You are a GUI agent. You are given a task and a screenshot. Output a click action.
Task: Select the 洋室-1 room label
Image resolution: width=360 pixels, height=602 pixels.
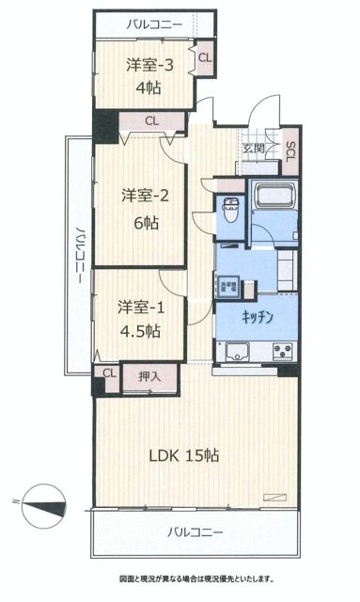(138, 308)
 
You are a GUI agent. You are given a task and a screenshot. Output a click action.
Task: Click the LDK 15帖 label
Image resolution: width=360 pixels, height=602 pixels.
(186, 455)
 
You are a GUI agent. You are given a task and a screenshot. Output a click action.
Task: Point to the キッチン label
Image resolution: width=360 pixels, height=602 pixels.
(257, 318)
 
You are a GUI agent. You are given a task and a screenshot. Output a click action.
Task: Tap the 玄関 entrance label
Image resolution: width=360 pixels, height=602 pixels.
(252, 149)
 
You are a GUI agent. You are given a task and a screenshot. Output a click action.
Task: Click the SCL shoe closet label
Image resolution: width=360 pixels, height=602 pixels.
(290, 150)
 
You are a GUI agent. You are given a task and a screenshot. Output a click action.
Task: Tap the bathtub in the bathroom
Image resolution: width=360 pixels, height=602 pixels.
(275, 198)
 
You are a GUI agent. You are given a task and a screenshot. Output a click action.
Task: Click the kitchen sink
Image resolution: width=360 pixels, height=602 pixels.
(236, 355)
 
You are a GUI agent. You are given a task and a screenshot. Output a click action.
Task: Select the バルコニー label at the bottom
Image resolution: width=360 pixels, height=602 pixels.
(196, 532)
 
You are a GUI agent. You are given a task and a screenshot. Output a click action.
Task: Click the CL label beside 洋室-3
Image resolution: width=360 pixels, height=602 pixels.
(204, 59)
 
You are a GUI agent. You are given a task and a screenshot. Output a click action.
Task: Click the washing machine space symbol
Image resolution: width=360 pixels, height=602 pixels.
(228, 285)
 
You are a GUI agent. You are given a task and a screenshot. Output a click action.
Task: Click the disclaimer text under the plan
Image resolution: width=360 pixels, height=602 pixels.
(196, 578)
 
